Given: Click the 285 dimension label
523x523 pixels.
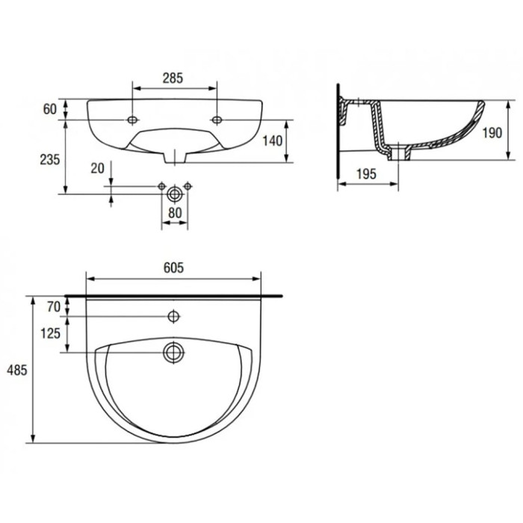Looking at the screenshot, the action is pos(173,78).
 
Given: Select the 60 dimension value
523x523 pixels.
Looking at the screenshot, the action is pos(50,109).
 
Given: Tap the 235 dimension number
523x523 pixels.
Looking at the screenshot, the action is pos(50,160).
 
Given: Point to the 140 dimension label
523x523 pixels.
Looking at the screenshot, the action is pos(273,140).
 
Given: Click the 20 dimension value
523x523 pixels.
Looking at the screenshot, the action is pos(97,168).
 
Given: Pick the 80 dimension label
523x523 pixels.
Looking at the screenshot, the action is pos(175,213).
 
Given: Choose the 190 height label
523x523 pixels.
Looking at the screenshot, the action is pos(492,133).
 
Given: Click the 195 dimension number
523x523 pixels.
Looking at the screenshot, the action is pos(366,174).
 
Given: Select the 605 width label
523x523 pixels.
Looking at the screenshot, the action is pos(173,267).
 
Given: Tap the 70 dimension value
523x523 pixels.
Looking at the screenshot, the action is pos(54,306).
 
